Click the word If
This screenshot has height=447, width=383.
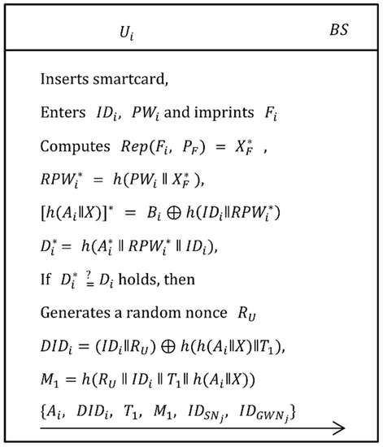(x=45, y=268)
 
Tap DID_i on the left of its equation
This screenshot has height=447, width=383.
(x=57, y=332)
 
